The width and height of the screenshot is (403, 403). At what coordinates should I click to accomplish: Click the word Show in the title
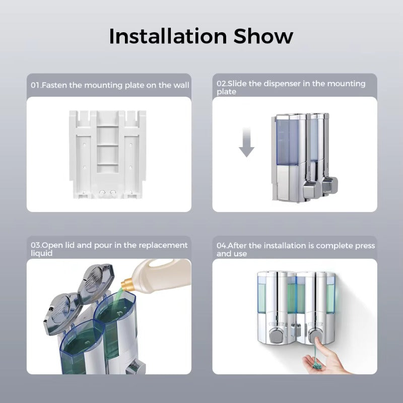point(263,36)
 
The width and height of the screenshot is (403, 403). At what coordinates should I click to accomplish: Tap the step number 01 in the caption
point(35,85)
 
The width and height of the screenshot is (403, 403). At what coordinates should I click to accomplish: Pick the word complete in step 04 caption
point(334,246)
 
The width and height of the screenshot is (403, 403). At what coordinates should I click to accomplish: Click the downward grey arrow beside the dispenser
point(246,142)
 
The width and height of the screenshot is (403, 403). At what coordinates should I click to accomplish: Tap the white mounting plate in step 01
point(108,154)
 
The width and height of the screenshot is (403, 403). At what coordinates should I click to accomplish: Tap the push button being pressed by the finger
point(315,335)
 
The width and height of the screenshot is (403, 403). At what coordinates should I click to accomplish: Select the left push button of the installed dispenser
point(276,335)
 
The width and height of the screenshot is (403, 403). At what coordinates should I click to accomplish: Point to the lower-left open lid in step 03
point(61,313)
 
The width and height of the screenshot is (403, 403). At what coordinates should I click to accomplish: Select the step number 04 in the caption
point(222,246)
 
